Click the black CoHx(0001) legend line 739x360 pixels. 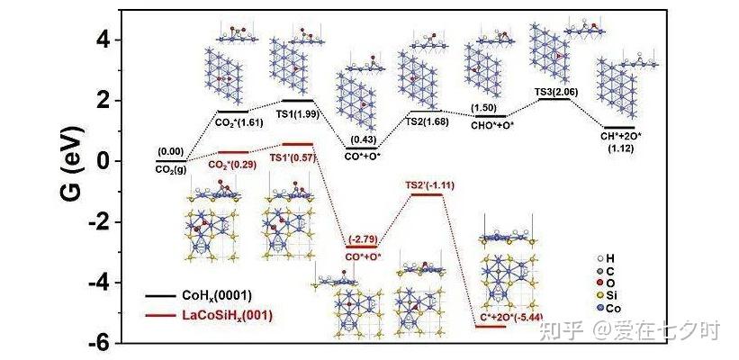[x=159, y=296]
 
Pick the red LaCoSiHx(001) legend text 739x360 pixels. [x=227, y=315]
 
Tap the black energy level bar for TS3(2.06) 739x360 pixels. [x=554, y=98]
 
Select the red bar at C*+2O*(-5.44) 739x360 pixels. [x=491, y=326]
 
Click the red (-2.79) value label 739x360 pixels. [x=362, y=237]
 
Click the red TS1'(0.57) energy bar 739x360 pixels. [x=297, y=144]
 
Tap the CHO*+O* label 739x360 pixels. [x=491, y=126]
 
